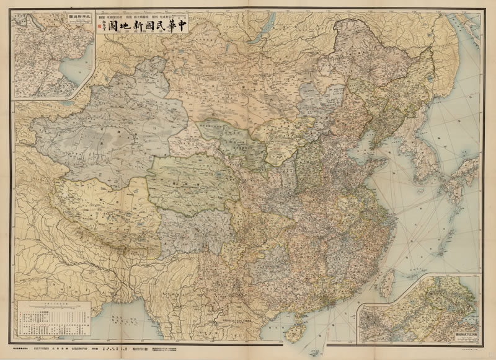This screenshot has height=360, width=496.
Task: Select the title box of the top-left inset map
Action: coord(78,21)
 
